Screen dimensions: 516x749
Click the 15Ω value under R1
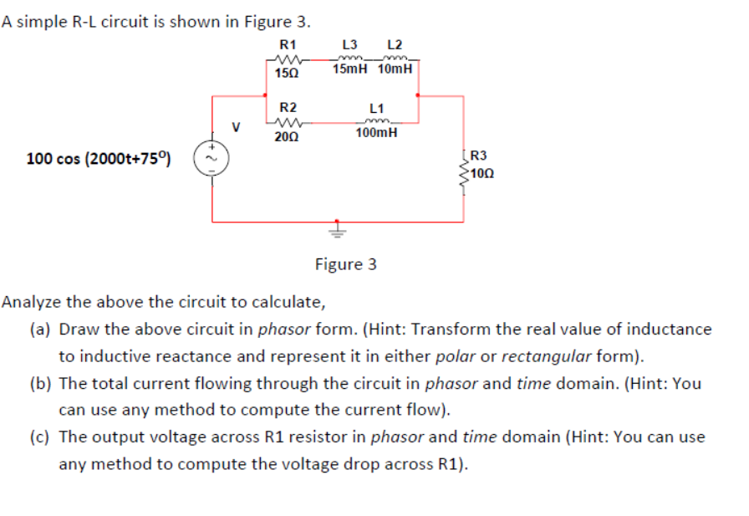(287, 74)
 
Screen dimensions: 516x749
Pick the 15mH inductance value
(349, 69)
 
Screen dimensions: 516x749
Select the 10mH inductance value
(395, 69)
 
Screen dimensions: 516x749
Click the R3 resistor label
(478, 156)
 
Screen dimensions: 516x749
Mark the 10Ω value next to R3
(481, 173)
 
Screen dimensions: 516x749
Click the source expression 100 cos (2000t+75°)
(99, 158)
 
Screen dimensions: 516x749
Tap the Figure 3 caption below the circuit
(345, 264)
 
